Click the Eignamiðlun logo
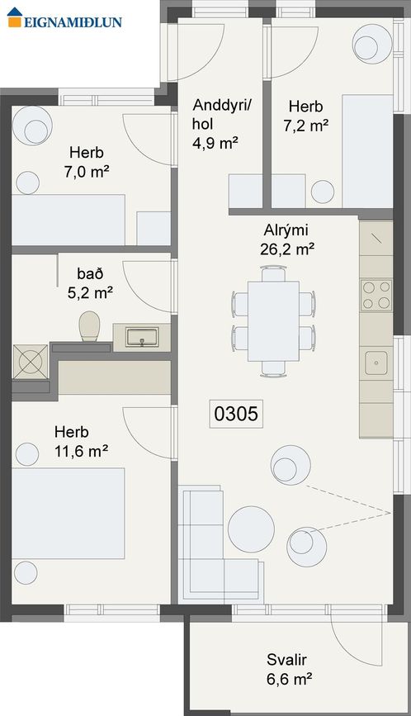[x=64, y=21]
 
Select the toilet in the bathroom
[x=89, y=326]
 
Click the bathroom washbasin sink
[x=141, y=337]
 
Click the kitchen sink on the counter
[x=376, y=361]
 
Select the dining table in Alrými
[x=273, y=326]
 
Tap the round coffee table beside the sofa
[x=251, y=526]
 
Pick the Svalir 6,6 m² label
[x=288, y=670]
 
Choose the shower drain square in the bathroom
[x=31, y=361]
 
